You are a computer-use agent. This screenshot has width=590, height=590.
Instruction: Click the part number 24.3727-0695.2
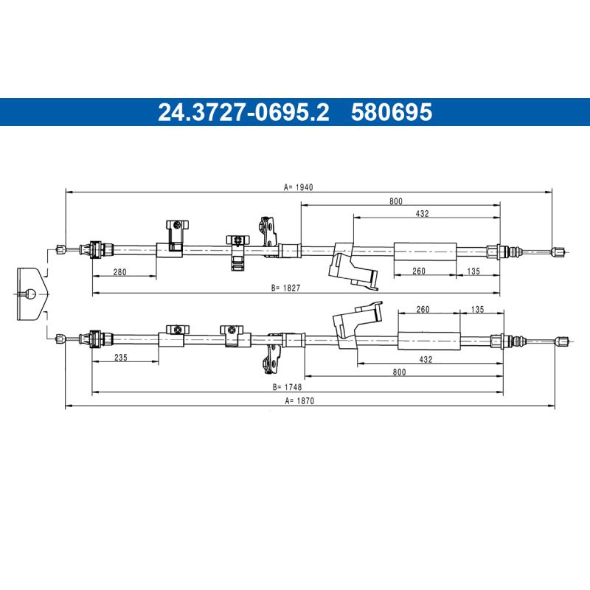(243, 112)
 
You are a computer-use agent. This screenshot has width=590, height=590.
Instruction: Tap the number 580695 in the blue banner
(392, 112)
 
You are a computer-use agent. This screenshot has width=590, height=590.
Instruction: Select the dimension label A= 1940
(299, 187)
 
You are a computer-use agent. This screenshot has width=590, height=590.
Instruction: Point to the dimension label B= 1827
(286, 288)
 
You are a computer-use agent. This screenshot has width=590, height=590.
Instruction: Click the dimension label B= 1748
(287, 386)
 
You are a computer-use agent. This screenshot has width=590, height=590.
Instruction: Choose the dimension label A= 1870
(299, 400)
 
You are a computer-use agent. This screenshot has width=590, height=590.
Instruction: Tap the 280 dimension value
(119, 271)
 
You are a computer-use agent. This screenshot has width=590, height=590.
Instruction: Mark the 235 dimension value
(121, 358)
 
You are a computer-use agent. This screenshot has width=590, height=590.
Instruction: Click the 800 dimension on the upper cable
(396, 201)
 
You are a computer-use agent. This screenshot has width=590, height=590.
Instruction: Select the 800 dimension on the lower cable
(399, 372)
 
